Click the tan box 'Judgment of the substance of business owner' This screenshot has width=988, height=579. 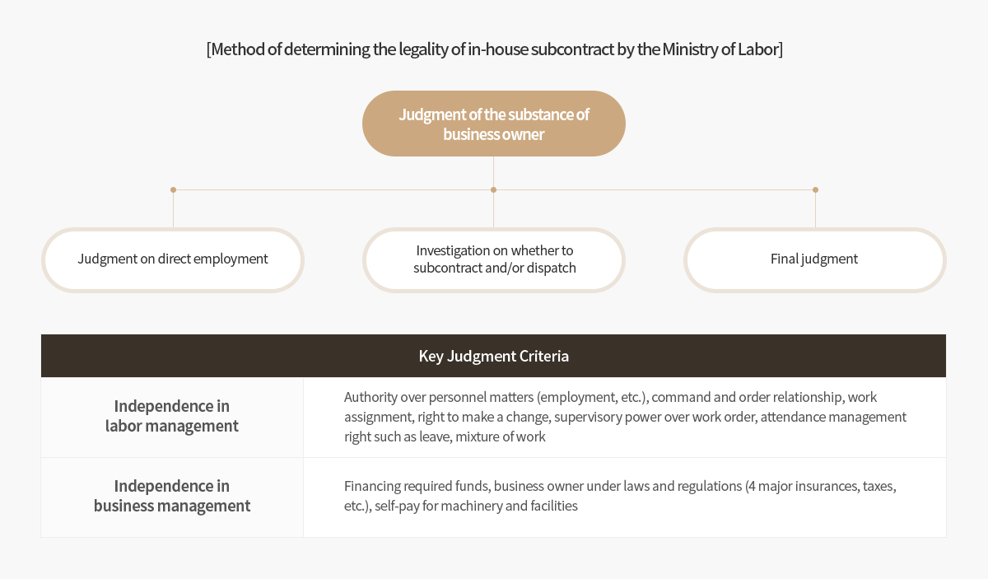(x=493, y=124)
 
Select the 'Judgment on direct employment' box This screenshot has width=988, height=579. (x=173, y=260)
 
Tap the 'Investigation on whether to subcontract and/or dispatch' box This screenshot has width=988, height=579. (x=493, y=260)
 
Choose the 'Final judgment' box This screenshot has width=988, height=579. (x=814, y=260)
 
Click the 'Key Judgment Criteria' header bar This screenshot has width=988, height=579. (x=493, y=356)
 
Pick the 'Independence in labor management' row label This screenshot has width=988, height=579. (x=172, y=416)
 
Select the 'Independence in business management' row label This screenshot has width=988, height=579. (x=172, y=496)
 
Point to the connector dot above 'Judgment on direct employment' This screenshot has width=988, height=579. (x=174, y=189)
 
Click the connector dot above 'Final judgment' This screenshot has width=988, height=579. (x=815, y=189)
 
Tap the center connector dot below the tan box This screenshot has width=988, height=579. (x=493, y=189)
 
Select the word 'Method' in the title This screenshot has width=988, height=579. (x=238, y=49)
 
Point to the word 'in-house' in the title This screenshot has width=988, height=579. (x=497, y=49)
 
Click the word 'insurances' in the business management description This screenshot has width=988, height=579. (x=830, y=486)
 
